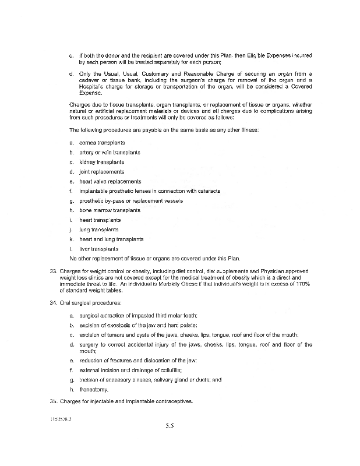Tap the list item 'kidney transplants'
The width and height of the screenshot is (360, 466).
pyautogui.click(x=102, y=162)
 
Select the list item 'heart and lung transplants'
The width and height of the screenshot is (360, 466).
pyautogui.click(x=111, y=239)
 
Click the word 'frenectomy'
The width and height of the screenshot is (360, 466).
pyautogui.click(x=94, y=389)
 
